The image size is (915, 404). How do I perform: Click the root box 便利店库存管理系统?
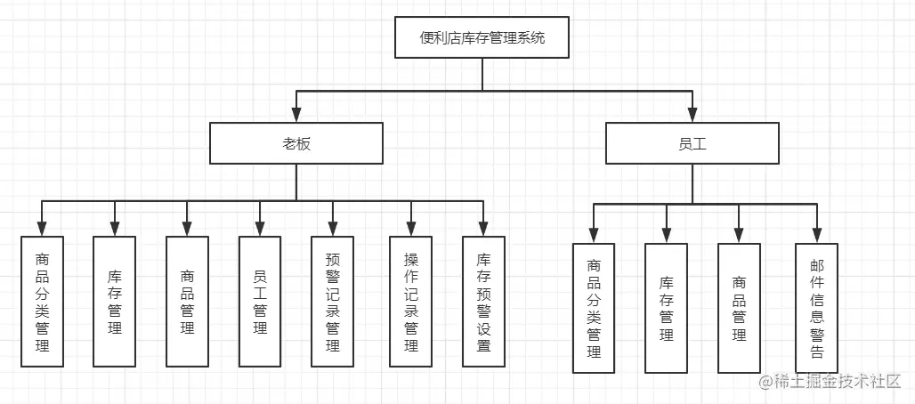point(482,38)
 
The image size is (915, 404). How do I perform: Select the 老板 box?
point(296,143)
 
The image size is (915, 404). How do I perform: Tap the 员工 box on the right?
point(692,143)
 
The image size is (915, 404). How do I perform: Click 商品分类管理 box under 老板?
point(42,302)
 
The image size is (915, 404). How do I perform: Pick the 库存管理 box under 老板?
point(115,302)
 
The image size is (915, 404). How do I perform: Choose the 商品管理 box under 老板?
point(187,302)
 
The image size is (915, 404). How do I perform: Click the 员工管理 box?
point(260,302)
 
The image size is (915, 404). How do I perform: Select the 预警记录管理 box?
point(332,302)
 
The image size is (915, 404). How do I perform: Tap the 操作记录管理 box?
point(410,302)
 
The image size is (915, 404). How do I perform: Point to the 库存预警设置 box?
point(483,302)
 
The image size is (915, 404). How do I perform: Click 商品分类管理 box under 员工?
point(594,307)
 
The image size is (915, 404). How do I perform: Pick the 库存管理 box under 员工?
point(667,307)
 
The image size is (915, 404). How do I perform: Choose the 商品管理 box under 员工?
point(739,307)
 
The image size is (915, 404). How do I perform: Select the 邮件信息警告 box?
point(817,307)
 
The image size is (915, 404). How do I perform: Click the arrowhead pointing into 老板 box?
point(296,116)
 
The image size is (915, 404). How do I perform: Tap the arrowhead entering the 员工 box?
point(692,116)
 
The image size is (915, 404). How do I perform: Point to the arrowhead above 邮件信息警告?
point(817,235)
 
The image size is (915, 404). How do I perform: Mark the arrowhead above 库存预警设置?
point(483,229)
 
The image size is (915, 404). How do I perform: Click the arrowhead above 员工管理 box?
point(260,229)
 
